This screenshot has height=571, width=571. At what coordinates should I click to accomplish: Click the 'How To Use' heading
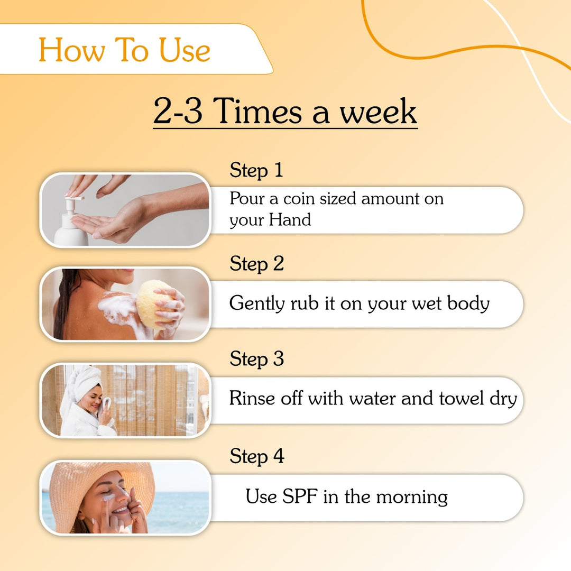(x=125, y=50)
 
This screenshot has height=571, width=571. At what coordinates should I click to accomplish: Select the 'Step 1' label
(x=256, y=170)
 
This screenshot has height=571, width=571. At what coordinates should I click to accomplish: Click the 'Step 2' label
(x=256, y=263)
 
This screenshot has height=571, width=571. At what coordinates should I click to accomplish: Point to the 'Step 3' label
(x=256, y=359)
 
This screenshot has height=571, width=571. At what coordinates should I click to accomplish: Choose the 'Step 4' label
(x=256, y=456)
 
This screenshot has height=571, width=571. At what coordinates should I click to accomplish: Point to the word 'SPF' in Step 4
(x=299, y=496)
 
